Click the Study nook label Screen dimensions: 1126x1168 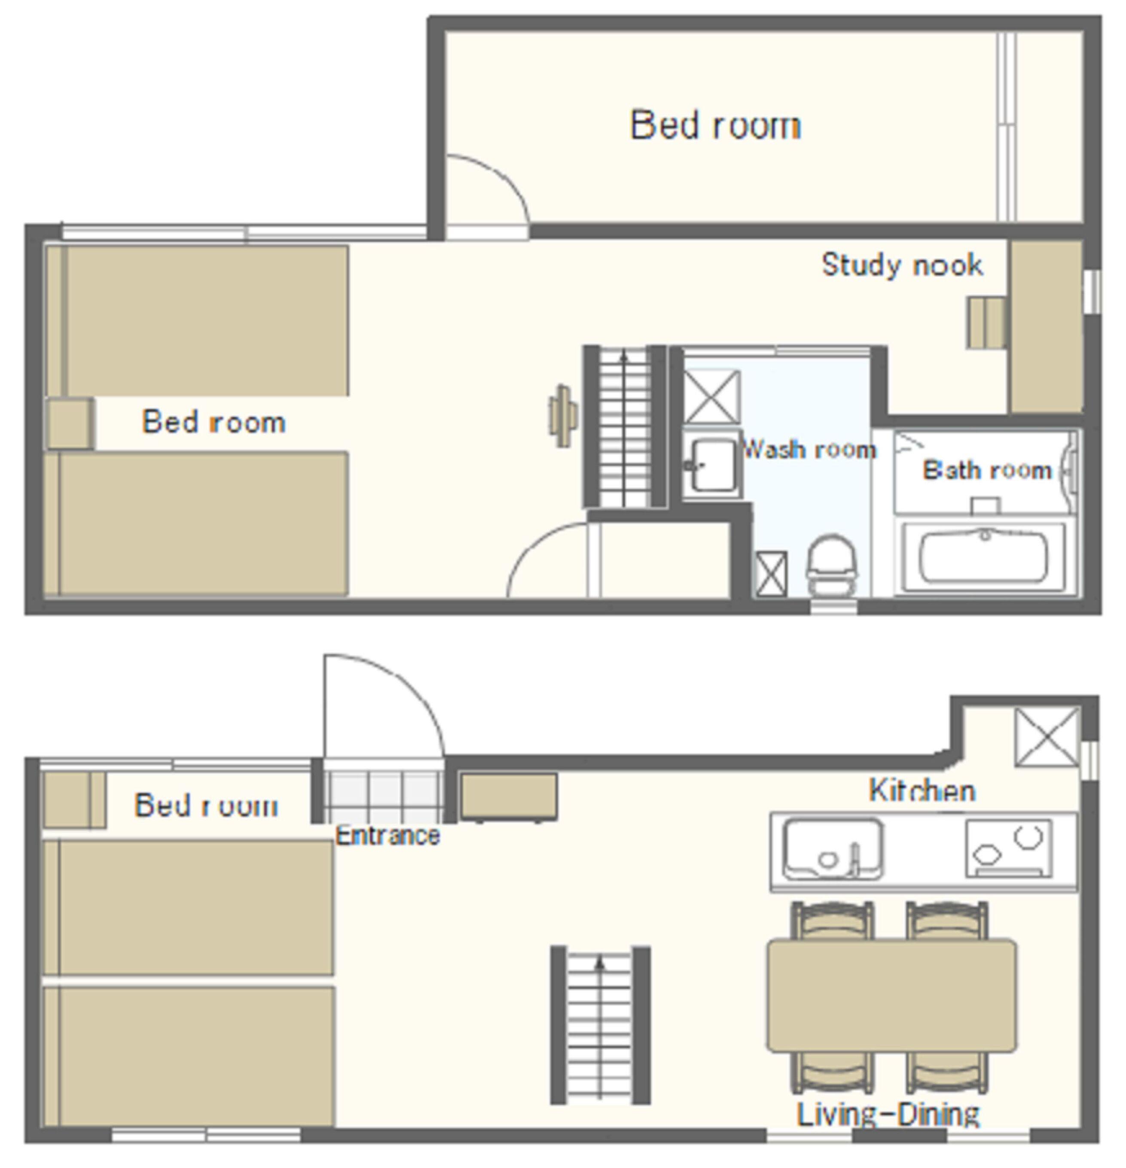click(x=902, y=265)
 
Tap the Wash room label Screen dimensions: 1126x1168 click(x=809, y=449)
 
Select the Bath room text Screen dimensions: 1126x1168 click(x=987, y=470)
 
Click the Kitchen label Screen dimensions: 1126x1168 click(x=922, y=791)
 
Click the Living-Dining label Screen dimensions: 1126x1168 click(x=888, y=1114)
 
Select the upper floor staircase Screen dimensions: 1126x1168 click(x=624, y=427)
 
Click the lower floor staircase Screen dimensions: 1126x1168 click(x=600, y=1025)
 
